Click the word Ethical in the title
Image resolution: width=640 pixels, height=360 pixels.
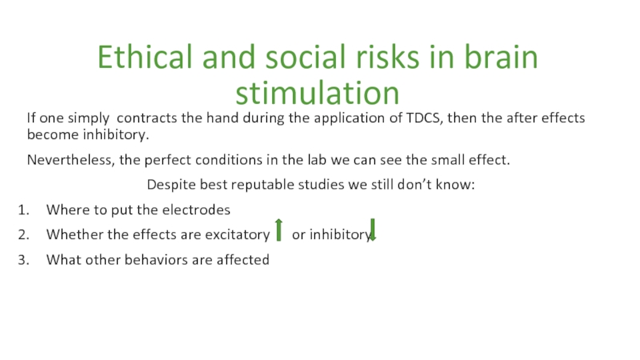pyautogui.click(x=145, y=57)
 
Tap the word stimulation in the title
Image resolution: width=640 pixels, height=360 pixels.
pyautogui.click(x=317, y=93)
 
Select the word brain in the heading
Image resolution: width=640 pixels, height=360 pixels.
pyautogui.click(x=502, y=57)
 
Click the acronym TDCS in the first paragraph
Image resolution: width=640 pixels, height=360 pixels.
pyautogui.click(x=424, y=118)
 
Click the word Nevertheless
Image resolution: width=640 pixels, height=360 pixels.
pyautogui.click(x=69, y=160)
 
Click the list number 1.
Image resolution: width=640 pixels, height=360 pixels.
pyautogui.click(x=23, y=210)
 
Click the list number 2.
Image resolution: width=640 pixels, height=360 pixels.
pyautogui.click(x=23, y=234)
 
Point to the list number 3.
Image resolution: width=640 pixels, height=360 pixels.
pyautogui.click(x=23, y=260)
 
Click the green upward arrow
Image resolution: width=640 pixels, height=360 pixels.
pyautogui.click(x=278, y=230)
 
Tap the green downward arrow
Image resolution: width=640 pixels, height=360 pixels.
pyautogui.click(x=372, y=230)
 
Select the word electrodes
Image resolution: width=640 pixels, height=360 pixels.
pyautogui.click(x=196, y=210)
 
